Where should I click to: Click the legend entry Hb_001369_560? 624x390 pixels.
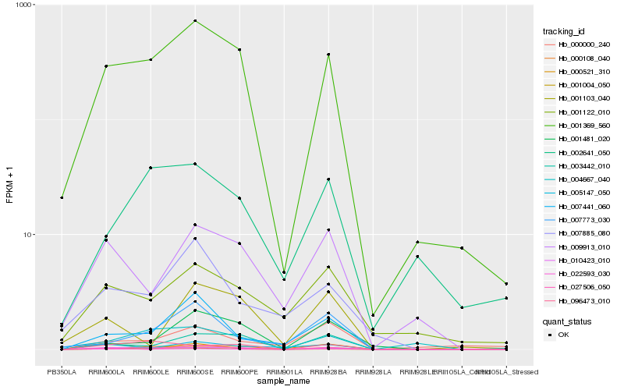click(x=578, y=126)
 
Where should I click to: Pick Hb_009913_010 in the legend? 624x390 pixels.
click(x=578, y=247)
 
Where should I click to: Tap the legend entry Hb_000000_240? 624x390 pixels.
click(x=578, y=45)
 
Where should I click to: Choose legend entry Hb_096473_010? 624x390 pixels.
click(x=578, y=301)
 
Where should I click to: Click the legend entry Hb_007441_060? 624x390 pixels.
click(x=578, y=207)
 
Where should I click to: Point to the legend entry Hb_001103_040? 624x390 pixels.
click(x=578, y=98)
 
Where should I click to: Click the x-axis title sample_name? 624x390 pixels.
click(x=284, y=382)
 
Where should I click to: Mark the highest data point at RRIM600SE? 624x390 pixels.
click(x=195, y=21)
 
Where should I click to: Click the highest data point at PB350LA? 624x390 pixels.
click(x=62, y=198)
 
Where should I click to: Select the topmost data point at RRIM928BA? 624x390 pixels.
click(x=328, y=55)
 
